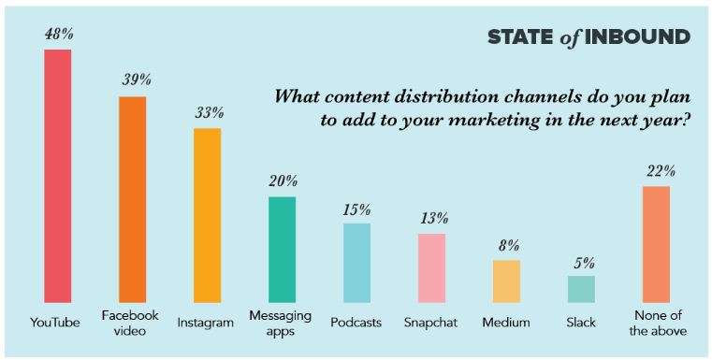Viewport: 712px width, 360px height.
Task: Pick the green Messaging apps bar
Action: (282, 250)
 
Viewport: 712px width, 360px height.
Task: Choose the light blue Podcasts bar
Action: (356, 263)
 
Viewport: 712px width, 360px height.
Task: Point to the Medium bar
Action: (506, 281)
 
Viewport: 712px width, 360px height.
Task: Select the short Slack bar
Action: (581, 289)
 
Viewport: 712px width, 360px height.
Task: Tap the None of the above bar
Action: (656, 244)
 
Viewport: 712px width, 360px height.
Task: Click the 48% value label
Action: (58, 34)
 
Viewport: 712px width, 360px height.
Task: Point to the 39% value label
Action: (133, 80)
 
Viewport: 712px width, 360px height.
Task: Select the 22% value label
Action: (656, 171)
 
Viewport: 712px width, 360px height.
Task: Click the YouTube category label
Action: (55, 323)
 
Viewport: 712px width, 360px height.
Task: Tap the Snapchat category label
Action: (431, 323)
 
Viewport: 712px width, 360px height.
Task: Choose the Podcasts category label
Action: (356, 323)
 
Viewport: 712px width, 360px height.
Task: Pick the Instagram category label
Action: (207, 323)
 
